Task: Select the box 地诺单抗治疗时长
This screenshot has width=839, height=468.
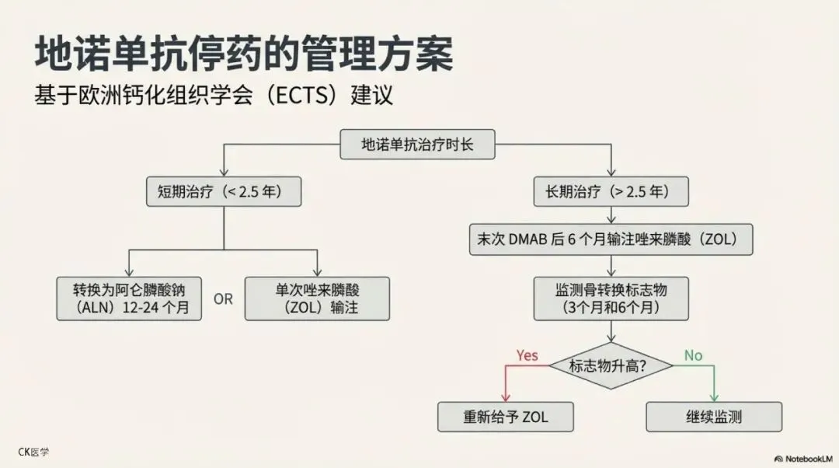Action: tap(417, 144)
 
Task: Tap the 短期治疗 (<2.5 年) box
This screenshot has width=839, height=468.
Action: tap(224, 191)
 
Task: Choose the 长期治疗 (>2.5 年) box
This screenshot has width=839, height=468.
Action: tap(611, 191)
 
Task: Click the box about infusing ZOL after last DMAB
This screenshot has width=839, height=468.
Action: tap(611, 239)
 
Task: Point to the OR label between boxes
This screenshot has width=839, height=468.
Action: tap(223, 299)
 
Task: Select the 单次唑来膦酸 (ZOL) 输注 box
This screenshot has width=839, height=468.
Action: tap(317, 299)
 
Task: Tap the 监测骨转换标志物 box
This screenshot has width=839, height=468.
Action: tap(611, 299)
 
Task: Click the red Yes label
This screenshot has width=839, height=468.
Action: tap(527, 355)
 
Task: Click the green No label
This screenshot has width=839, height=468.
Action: tap(693, 355)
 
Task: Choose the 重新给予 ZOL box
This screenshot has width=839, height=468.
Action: tap(506, 417)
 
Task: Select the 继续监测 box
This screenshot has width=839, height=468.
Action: tap(714, 417)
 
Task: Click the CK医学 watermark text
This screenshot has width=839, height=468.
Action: tap(33, 452)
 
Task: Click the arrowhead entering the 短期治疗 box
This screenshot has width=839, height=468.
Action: tap(224, 172)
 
